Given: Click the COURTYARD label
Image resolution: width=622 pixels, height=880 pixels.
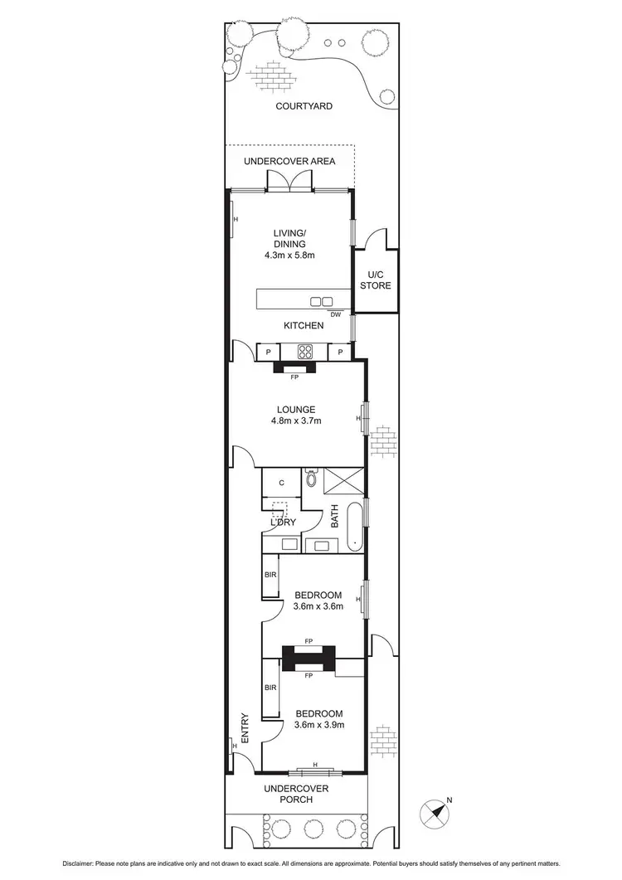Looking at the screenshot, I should point(304,106).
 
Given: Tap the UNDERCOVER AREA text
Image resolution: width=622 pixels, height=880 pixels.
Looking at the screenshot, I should point(289,161).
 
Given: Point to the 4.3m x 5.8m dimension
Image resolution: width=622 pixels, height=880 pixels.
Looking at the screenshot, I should point(290,255).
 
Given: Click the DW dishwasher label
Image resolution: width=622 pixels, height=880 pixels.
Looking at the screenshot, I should point(335,315).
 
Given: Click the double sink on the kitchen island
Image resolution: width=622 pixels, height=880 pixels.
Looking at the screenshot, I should point(322,301).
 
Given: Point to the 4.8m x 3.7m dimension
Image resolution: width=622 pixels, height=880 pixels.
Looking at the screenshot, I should point(295,421).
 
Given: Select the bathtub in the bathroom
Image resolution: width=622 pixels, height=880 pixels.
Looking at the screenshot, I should point(353,528).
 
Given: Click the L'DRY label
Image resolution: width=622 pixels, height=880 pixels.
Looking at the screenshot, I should point(282,523).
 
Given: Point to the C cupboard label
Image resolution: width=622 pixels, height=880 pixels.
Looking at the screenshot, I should point(282,482).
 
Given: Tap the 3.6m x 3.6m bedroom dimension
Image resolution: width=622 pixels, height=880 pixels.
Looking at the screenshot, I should point(318,606).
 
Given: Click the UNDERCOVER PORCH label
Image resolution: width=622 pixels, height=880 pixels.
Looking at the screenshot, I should point(296,794).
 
